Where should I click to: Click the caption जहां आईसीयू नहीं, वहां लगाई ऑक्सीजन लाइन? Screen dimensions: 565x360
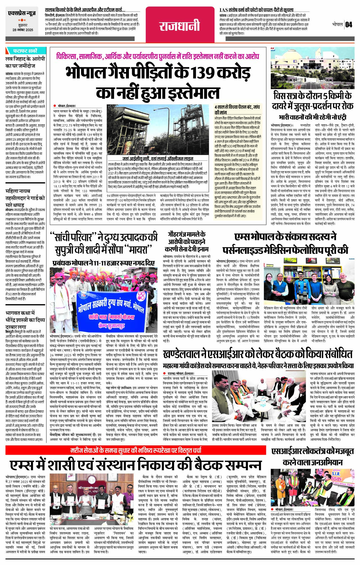(x=158, y=159)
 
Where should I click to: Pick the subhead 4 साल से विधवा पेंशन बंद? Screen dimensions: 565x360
(x=237, y=109)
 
